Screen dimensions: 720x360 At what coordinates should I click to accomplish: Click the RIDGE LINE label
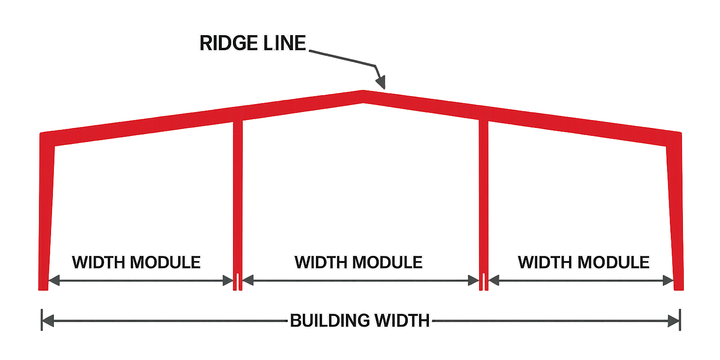[253, 43]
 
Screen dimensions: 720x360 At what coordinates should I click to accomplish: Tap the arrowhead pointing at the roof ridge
[381, 82]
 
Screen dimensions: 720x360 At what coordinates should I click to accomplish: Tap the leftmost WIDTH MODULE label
[136, 262]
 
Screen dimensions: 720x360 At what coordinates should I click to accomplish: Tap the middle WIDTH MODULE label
[359, 262]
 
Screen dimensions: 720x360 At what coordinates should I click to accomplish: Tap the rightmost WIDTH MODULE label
[584, 262]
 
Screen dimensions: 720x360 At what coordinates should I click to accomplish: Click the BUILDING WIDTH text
[360, 321]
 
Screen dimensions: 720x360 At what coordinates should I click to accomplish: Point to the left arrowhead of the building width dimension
[48, 321]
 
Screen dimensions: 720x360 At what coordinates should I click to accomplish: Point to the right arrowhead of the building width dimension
[674, 321]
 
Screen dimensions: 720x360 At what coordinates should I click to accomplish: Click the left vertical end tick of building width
[42, 320]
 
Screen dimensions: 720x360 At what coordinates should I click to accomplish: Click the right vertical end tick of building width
[680, 320]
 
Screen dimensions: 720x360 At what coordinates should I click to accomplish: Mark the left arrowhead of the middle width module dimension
[248, 280]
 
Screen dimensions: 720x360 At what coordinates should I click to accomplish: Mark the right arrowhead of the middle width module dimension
[473, 280]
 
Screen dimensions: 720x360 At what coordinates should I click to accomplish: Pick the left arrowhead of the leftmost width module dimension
[54, 280]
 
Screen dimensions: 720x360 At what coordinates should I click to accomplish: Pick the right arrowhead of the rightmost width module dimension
[668, 280]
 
